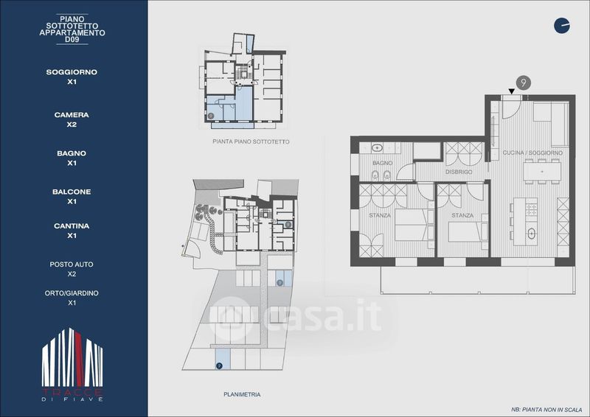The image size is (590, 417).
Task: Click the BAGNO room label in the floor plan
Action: pyautogui.click(x=382, y=163)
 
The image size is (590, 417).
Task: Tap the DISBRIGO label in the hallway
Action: pyautogui.click(x=459, y=172)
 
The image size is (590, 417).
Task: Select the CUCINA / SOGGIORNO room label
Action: pyautogui.click(x=532, y=153)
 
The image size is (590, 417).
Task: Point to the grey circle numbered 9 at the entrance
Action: pyautogui.click(x=523, y=83)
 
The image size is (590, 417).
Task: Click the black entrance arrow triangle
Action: pyautogui.click(x=511, y=91)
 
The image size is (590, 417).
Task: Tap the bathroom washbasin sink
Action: pyautogui.click(x=377, y=148)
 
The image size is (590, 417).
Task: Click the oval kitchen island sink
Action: pyautogui.click(x=531, y=234)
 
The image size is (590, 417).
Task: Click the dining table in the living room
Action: pyautogui.click(x=542, y=172)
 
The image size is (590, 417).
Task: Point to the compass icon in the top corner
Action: pyautogui.click(x=562, y=26)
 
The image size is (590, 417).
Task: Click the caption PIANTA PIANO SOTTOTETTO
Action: pyautogui.click(x=251, y=141)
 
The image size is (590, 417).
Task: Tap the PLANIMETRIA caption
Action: pyautogui.click(x=242, y=394)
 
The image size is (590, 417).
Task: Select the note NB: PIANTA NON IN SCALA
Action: pyautogui.click(x=546, y=410)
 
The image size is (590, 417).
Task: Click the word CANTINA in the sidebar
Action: pyautogui.click(x=72, y=226)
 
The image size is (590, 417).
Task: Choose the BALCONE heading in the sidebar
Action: pyautogui.click(x=72, y=192)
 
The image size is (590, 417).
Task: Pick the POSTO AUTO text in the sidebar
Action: pyautogui.click(x=72, y=264)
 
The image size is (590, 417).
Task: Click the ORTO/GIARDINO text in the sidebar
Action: pyautogui.click(x=72, y=293)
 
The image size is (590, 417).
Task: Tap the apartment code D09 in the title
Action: pyautogui.click(x=72, y=40)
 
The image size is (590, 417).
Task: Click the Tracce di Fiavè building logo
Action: pyautogui.click(x=72, y=365)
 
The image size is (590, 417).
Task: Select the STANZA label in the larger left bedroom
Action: pyautogui.click(x=380, y=215)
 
